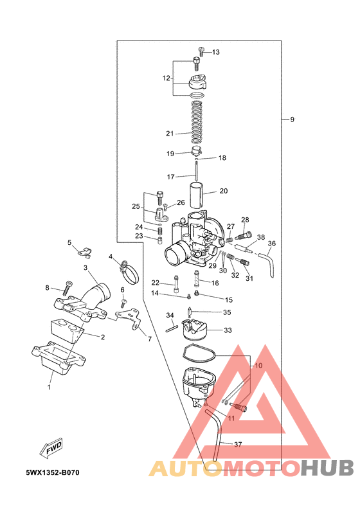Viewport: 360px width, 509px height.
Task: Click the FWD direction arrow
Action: pyautogui.click(x=50, y=449)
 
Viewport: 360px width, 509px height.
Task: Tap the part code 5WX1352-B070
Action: pyautogui.click(x=53, y=472)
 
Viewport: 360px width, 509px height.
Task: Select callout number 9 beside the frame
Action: pyautogui.click(x=292, y=120)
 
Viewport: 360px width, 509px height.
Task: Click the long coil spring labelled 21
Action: pyautogui.click(x=197, y=122)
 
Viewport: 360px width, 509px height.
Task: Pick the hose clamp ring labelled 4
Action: pyautogui.click(x=130, y=272)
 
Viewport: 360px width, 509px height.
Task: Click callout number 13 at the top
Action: pyautogui.click(x=216, y=52)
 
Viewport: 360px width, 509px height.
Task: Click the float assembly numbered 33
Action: pyautogui.click(x=194, y=329)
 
